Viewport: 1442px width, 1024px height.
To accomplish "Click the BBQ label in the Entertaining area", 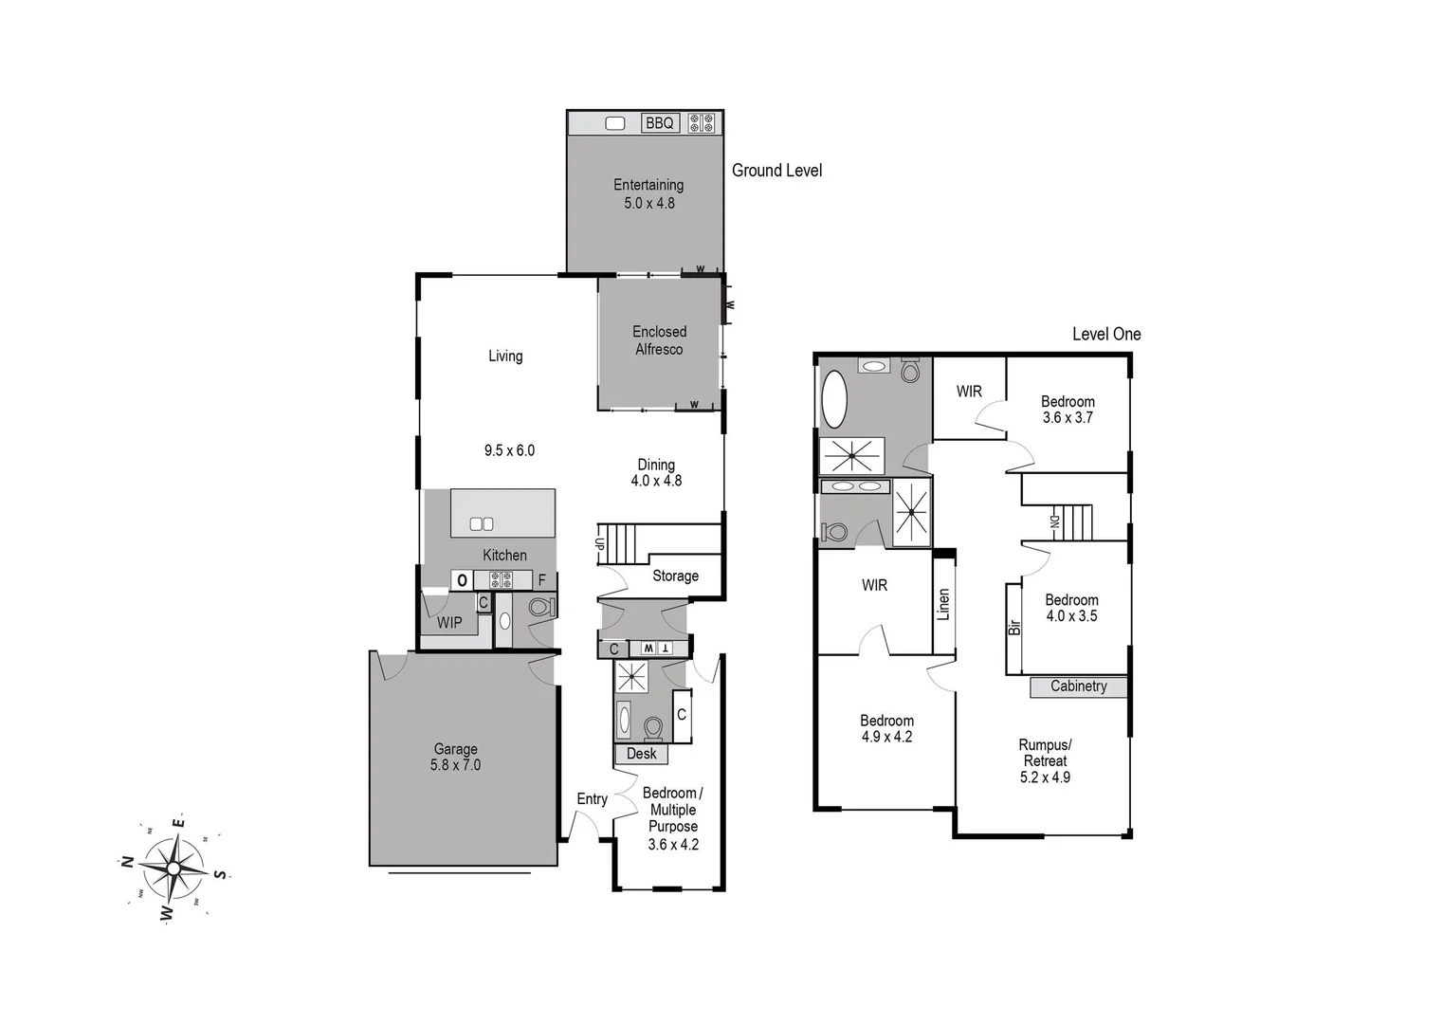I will point(659,123).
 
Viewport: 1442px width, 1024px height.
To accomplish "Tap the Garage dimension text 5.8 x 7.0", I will point(455,765).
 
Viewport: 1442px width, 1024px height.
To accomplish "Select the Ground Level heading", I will point(776,171).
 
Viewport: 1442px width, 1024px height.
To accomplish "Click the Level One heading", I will point(1105,334).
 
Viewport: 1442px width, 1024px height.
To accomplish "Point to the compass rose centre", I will point(175,868).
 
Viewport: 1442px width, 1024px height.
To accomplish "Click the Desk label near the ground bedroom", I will point(642,754).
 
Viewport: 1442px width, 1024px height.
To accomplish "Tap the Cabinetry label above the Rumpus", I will point(1078,686).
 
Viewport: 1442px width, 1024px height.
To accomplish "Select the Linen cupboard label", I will point(943,605).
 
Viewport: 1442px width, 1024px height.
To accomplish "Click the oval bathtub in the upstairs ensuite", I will point(835,399).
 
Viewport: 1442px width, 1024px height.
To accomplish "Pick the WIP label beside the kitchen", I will point(449,623).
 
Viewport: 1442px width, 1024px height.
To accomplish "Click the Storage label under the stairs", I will point(675,576).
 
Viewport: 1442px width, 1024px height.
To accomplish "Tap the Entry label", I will point(593,799).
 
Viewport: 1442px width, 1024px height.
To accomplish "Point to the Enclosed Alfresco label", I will point(659,340).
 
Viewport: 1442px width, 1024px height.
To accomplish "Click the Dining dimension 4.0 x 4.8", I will point(656,481).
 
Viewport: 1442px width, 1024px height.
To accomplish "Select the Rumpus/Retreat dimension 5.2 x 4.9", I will point(1045,777).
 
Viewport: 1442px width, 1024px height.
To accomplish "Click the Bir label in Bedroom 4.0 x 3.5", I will point(1014,627).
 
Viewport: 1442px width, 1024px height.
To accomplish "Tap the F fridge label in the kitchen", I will point(542,580).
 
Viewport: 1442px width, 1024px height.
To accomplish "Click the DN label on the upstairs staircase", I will point(1053,521).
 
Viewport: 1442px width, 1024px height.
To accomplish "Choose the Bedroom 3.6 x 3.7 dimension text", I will point(1068,418).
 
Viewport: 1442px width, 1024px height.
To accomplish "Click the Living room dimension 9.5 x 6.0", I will point(509,450).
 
